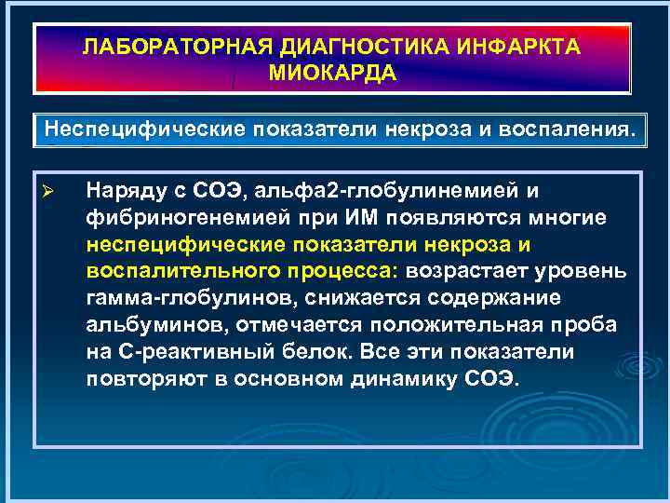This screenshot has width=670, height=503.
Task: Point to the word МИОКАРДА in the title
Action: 333,73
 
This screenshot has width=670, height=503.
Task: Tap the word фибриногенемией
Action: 160,218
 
